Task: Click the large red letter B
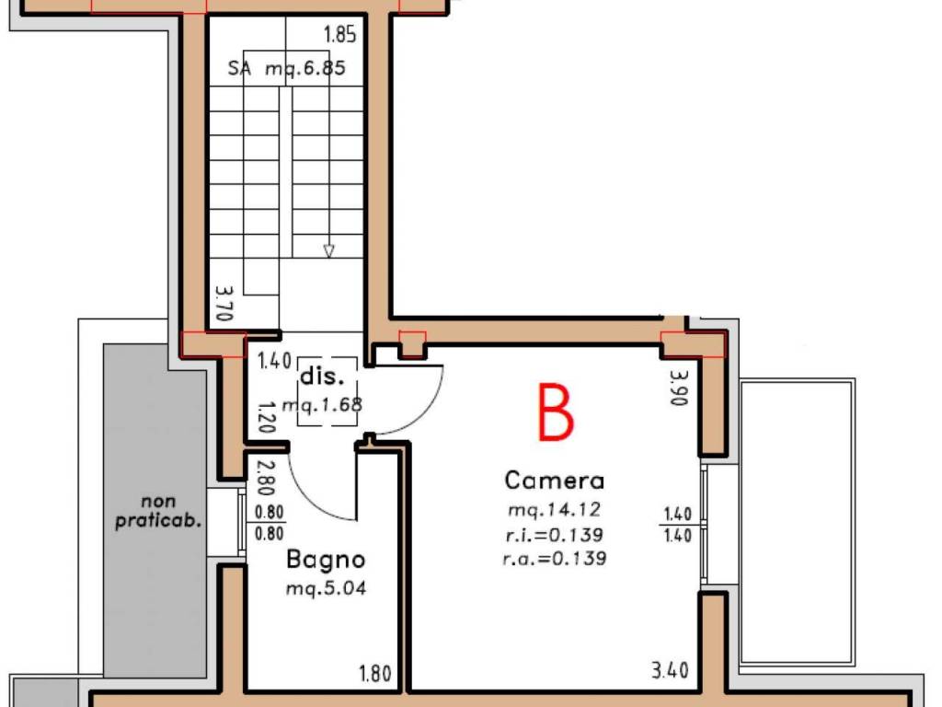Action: click(x=556, y=412)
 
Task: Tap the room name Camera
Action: click(x=554, y=481)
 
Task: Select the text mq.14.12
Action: click(x=554, y=510)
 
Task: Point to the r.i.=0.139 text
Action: click(x=554, y=535)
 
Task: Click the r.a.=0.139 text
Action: click(x=554, y=559)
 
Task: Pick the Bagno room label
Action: click(x=326, y=560)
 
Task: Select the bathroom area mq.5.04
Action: click(x=326, y=588)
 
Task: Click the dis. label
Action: click(x=322, y=377)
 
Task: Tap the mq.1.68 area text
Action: click(x=322, y=405)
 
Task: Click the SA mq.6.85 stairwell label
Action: click(x=287, y=68)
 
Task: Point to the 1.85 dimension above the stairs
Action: click(x=340, y=35)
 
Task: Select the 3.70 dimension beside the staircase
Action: click(x=224, y=302)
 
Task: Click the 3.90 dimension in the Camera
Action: click(x=679, y=388)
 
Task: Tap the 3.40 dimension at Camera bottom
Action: click(x=670, y=670)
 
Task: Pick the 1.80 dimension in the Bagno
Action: click(x=375, y=673)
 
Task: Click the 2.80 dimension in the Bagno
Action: click(x=266, y=477)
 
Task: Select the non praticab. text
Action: click(x=158, y=511)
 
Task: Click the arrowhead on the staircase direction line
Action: click(x=328, y=251)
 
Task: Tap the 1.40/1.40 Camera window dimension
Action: click(x=678, y=525)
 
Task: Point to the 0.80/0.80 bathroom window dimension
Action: click(x=270, y=523)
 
